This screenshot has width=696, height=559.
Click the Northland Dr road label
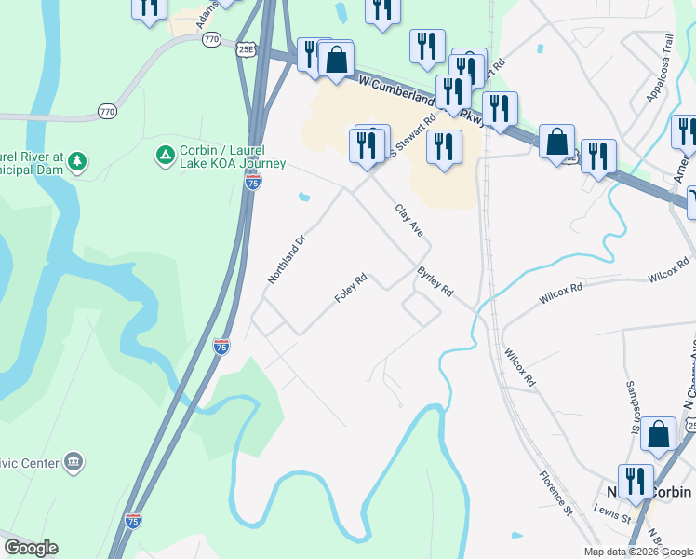(x=287, y=259)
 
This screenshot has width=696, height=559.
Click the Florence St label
(x=555, y=492)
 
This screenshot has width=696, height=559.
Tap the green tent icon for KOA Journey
(x=166, y=154)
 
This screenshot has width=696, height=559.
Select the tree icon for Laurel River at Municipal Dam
(x=78, y=161)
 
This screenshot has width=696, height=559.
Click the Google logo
(x=31, y=549)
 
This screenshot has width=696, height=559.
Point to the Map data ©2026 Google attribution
(x=638, y=552)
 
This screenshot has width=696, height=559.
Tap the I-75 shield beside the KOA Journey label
(x=253, y=183)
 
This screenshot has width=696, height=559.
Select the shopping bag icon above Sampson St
(x=658, y=433)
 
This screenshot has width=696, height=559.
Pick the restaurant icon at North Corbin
(x=636, y=481)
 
